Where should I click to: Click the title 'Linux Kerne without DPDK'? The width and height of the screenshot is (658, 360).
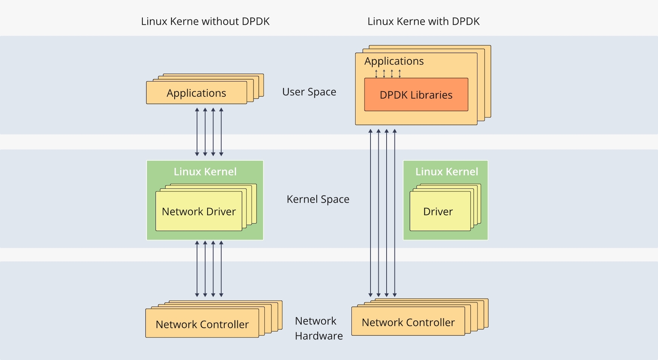click(205, 21)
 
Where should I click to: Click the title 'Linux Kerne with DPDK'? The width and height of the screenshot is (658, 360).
click(423, 21)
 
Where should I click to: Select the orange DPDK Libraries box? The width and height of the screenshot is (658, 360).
click(416, 95)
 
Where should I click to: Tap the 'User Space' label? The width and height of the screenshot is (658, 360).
click(309, 92)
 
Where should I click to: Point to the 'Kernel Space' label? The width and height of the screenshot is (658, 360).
click(318, 199)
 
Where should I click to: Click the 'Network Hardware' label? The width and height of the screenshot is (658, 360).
click(319, 328)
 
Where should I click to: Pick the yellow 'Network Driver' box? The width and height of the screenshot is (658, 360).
click(199, 212)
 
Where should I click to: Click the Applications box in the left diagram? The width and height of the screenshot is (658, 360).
click(196, 93)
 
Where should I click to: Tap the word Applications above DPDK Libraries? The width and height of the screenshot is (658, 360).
click(394, 61)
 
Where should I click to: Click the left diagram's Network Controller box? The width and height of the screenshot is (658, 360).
click(202, 324)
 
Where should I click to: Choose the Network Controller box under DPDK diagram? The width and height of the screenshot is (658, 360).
click(408, 322)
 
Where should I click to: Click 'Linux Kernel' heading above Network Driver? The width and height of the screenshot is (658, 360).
click(205, 172)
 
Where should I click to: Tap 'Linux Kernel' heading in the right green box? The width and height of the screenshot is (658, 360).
click(446, 172)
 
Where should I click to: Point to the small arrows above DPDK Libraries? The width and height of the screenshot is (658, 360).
click(388, 74)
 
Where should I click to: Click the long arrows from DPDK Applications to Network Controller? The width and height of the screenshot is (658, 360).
click(382, 213)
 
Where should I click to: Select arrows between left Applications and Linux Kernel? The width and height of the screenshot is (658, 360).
click(209, 132)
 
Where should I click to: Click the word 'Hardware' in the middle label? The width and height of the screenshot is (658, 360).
click(319, 336)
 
